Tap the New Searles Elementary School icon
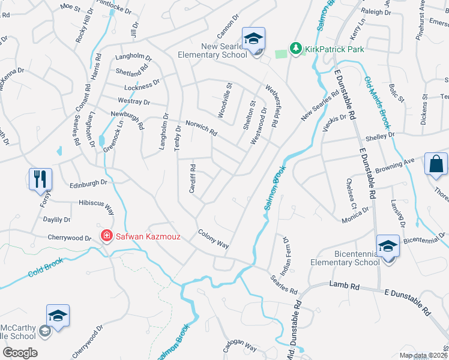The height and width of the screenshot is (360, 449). click(x=253, y=39)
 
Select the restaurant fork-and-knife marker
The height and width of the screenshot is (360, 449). click(x=41, y=178)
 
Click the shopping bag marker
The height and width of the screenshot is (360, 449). click(x=436, y=163)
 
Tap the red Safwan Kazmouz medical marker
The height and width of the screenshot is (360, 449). click(x=107, y=236)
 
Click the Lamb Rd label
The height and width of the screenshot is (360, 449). click(x=344, y=287)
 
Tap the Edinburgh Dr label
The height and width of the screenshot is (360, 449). click(x=88, y=183)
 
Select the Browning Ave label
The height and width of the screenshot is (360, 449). click(x=400, y=163)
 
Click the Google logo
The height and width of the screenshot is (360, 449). click(x=20, y=352)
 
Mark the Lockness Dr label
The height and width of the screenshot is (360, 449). click(x=139, y=85)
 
